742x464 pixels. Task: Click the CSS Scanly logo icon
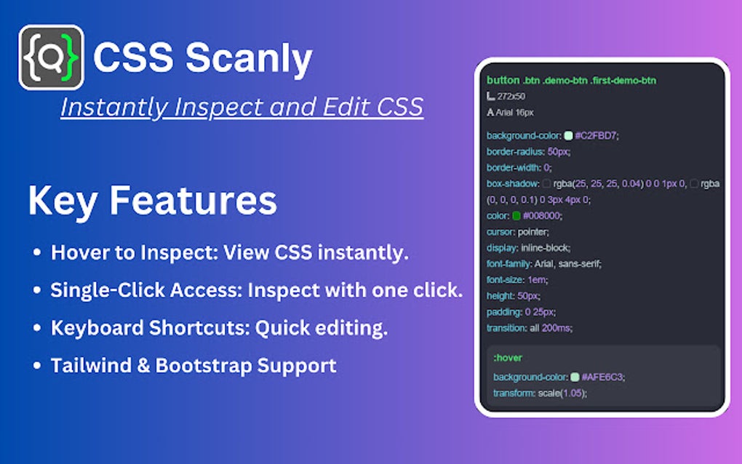[51, 57]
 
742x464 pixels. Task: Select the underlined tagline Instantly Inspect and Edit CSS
[242, 107]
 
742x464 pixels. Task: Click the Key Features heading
[152, 201]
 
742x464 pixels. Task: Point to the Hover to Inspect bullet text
[230, 253]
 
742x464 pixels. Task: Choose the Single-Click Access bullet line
[256, 290]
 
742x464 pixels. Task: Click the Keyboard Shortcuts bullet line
[218, 327]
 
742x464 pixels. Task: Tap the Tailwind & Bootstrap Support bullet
[194, 365]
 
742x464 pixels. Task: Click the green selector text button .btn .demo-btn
[571, 80]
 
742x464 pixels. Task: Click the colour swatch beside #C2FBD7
[568, 135]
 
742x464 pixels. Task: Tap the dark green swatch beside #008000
[516, 215]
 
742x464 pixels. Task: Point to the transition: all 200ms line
[530, 328]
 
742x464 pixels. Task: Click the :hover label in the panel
[508, 358]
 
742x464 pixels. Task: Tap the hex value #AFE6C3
[603, 377]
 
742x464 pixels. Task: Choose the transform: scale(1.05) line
[540, 393]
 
